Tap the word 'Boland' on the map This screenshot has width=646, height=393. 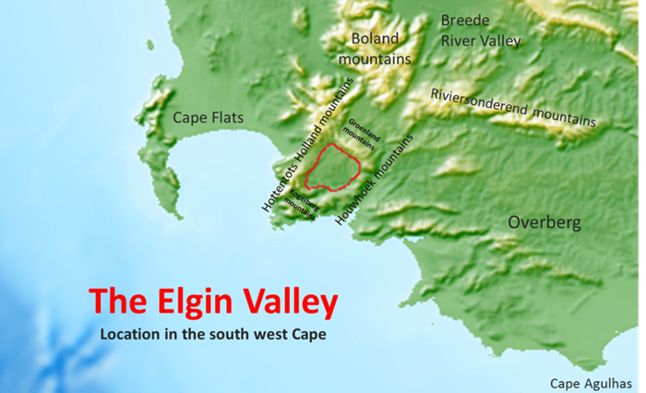[374, 39]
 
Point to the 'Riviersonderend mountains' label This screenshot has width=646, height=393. [513, 108]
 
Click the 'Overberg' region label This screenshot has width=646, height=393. [544, 222]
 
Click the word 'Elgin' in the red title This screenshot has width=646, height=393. [192, 300]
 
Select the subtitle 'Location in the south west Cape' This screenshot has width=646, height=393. [213, 332]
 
